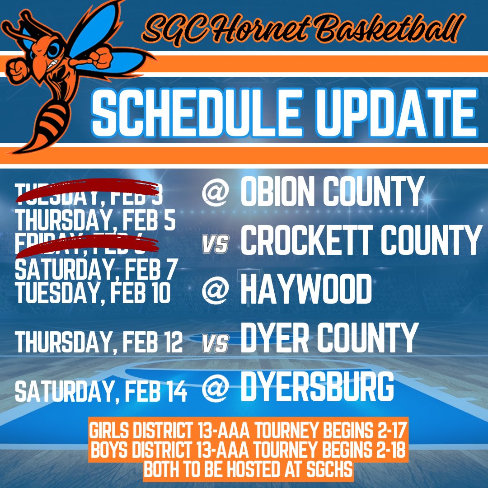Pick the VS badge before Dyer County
tap(215, 344)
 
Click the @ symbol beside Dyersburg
tap(215, 389)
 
